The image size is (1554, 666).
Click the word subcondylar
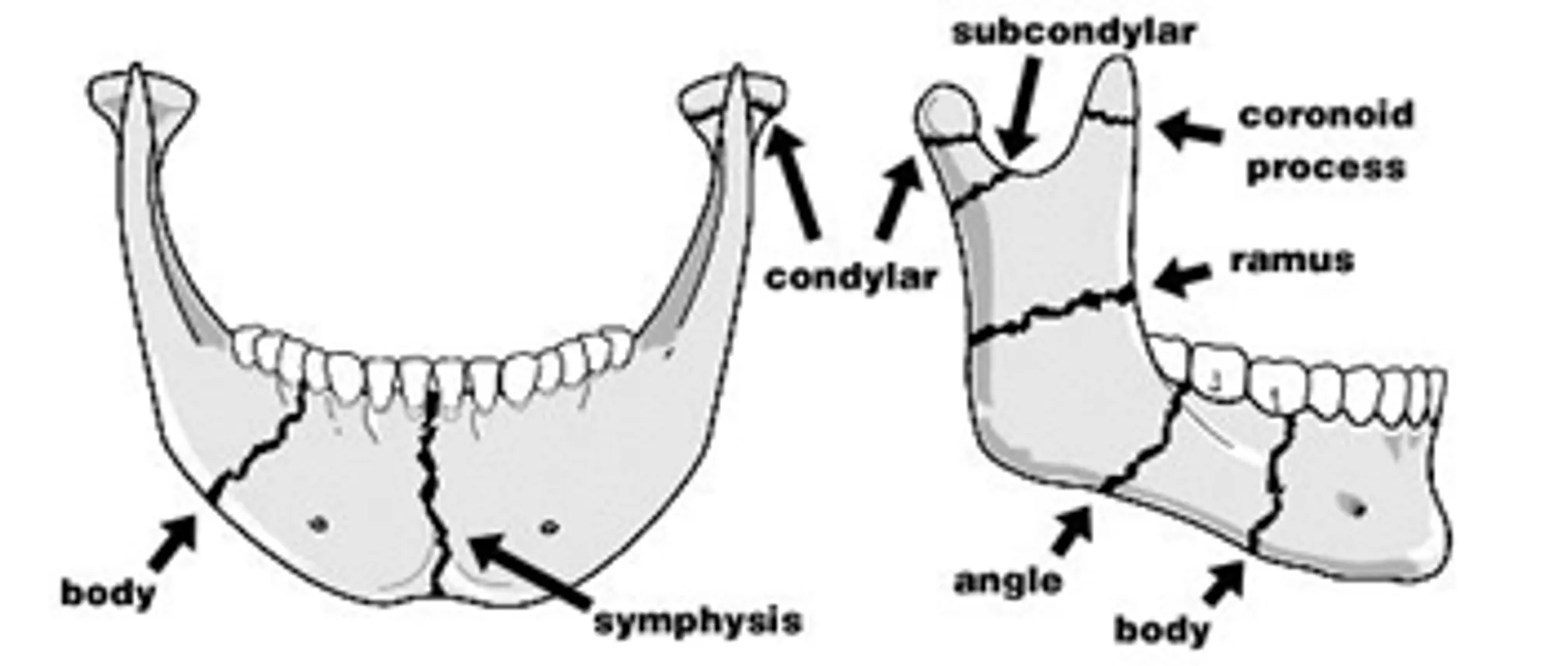tap(1074, 32)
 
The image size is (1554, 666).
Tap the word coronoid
tap(1326, 115)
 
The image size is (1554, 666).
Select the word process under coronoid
tap(1326, 168)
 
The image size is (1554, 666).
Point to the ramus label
tap(1292, 260)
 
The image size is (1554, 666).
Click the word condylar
tap(852, 277)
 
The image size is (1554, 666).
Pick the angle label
tap(1008, 581)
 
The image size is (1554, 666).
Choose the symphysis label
tap(698, 622)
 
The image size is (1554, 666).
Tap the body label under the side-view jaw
tap(1162, 629)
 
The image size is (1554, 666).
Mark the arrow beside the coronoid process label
tap(1190, 129)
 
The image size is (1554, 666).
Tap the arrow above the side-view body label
tap(1225, 582)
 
